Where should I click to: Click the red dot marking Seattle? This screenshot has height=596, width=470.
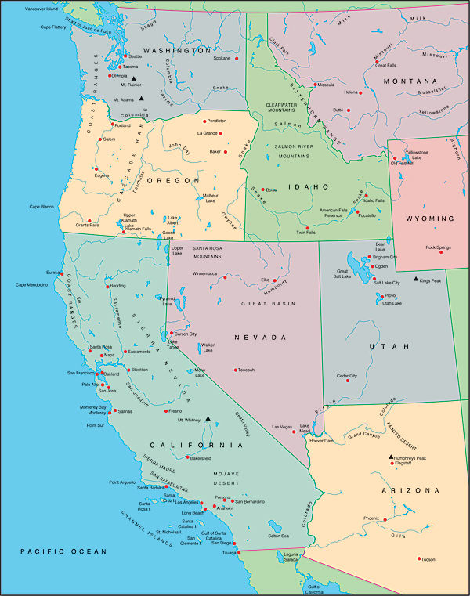point(125,56)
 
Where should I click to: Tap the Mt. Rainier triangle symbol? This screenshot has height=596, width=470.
point(134,78)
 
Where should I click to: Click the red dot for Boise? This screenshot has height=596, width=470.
point(263,190)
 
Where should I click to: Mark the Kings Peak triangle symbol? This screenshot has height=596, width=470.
point(416,279)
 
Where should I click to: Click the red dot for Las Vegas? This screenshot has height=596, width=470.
point(295,427)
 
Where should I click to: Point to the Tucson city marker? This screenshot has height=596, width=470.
point(418,558)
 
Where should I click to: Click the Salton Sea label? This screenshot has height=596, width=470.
point(278,536)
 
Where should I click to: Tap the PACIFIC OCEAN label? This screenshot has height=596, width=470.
point(63,552)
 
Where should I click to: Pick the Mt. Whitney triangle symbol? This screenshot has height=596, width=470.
point(208,418)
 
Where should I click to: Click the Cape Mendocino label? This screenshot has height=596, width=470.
point(32,284)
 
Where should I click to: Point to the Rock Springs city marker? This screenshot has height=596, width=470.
point(441,252)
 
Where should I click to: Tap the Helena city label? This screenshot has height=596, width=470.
point(351,92)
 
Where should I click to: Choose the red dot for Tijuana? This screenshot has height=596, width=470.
point(238,551)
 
